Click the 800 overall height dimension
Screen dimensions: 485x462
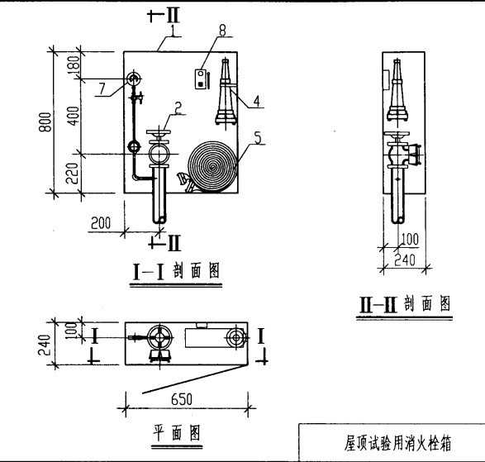(x=45, y=122)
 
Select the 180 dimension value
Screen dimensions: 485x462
(x=74, y=65)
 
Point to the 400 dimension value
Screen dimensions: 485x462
(x=74, y=116)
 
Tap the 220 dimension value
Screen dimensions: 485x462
(x=73, y=174)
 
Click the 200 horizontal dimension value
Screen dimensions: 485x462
(x=101, y=223)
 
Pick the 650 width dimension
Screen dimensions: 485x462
(x=182, y=399)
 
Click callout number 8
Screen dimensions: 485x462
(x=222, y=30)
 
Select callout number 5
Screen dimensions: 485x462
(x=258, y=138)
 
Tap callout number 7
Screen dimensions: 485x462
(x=102, y=88)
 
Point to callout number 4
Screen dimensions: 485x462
(x=257, y=101)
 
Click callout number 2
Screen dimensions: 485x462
(x=178, y=108)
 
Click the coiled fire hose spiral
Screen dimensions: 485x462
(x=212, y=166)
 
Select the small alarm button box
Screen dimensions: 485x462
(x=201, y=79)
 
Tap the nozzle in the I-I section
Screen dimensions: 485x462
(x=226, y=92)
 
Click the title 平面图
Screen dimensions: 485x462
(x=177, y=432)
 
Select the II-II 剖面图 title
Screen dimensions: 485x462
(x=405, y=303)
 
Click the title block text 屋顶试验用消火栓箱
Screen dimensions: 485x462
(x=397, y=443)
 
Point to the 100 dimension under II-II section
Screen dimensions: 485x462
(x=410, y=239)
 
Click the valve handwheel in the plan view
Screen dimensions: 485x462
(x=159, y=337)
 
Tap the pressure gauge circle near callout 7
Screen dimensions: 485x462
(x=134, y=79)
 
